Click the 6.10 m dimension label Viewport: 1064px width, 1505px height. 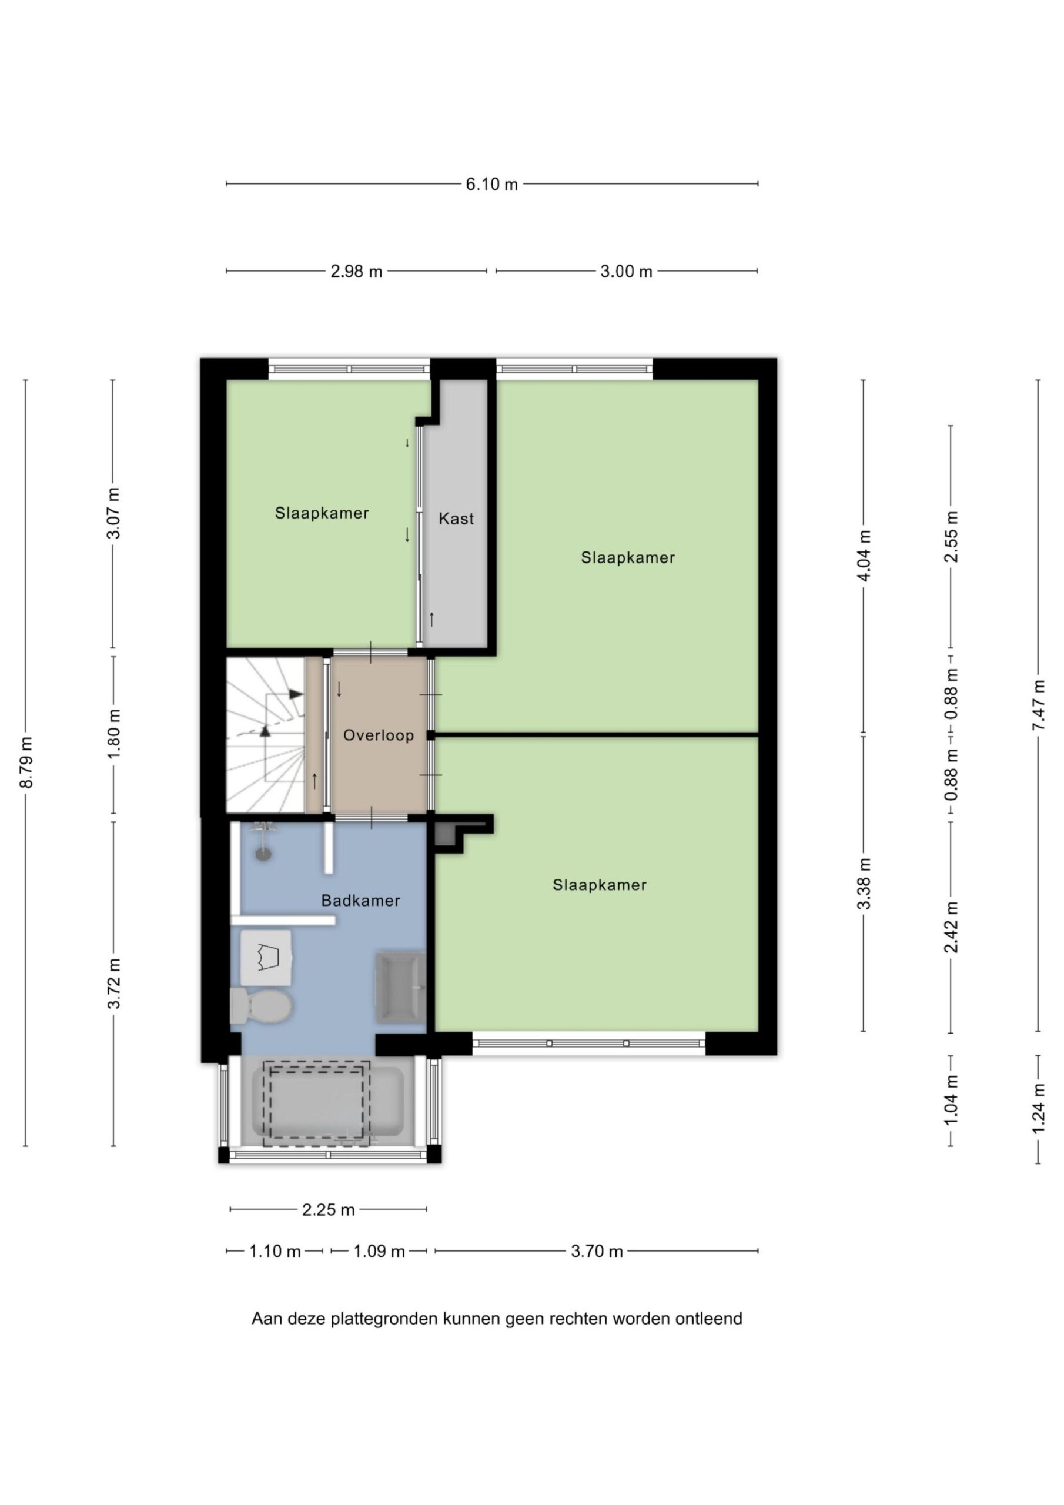pos(491,184)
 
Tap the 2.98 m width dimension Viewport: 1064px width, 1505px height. pos(356,272)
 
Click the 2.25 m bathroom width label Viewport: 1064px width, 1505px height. pos(329,1209)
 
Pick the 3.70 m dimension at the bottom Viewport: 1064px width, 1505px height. pos(597,1252)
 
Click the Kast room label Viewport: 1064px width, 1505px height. pos(456,519)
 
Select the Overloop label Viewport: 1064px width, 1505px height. pos(379,735)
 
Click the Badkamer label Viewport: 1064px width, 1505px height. pos(360,901)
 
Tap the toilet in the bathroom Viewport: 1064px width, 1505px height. pos(261,1005)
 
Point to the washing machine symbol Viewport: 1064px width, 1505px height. pos(266,958)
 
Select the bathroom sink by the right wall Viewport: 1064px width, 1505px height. pos(400,987)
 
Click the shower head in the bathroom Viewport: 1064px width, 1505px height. pos(263,842)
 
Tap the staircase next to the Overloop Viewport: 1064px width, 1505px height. pos(266,735)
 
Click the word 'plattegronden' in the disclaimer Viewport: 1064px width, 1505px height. pos(384,1319)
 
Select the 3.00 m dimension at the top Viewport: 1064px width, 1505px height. pos(626,272)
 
